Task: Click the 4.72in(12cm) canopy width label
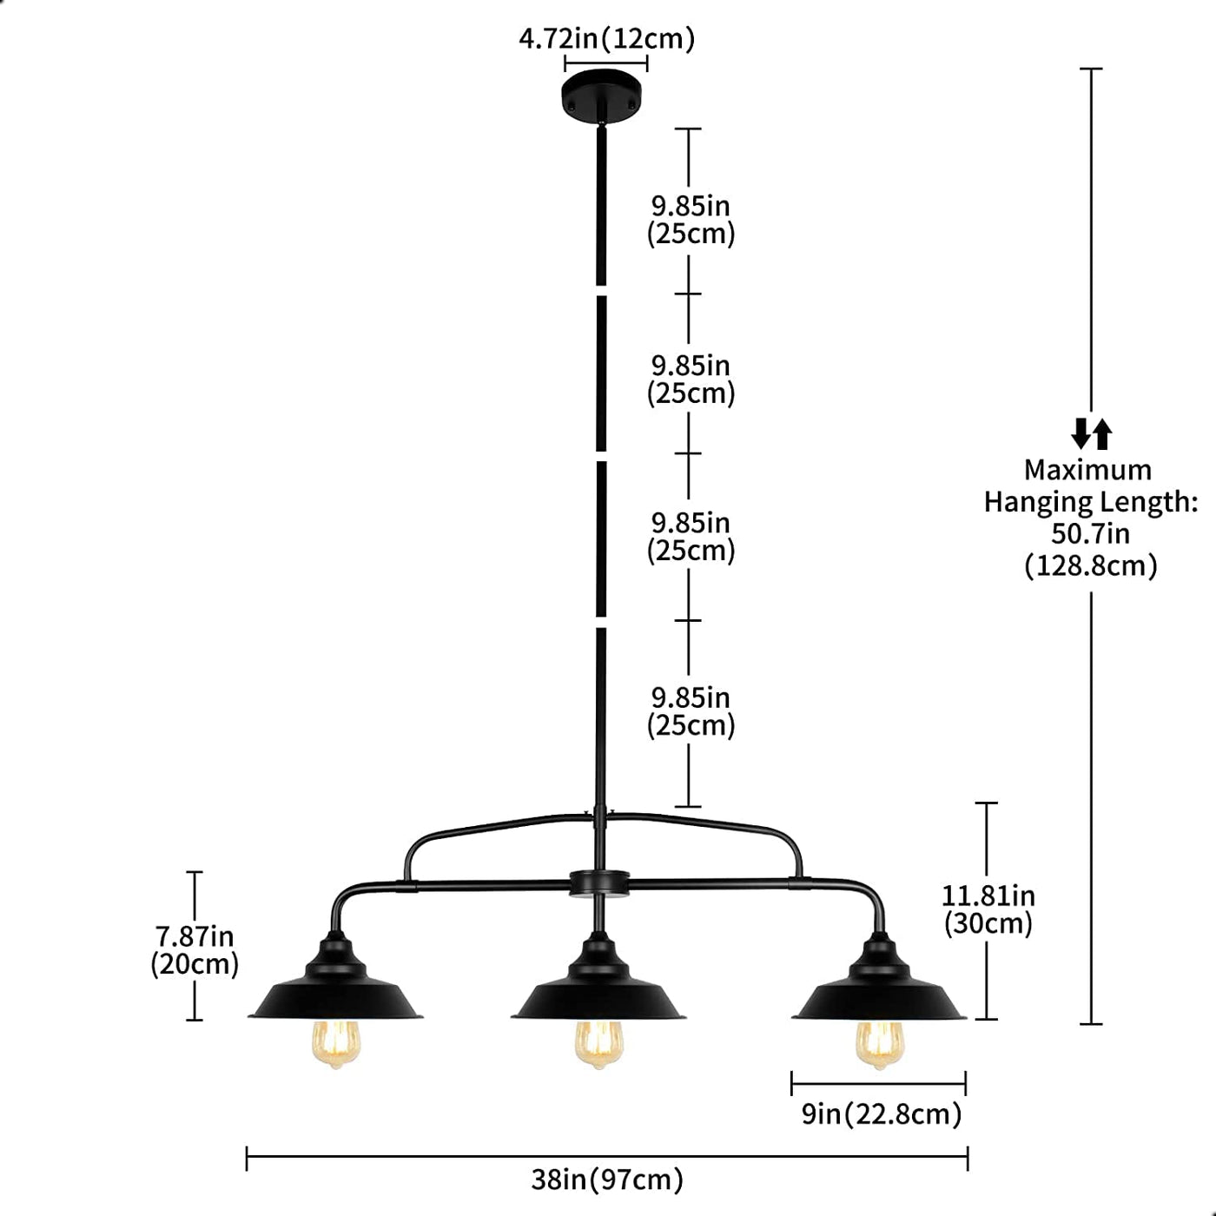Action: click(606, 39)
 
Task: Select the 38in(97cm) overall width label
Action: click(607, 1180)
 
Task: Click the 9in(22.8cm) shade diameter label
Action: click(881, 1114)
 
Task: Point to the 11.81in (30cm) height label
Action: click(988, 909)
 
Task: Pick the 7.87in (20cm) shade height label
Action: click(195, 950)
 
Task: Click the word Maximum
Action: click(1087, 470)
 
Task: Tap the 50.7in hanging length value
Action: click(1091, 533)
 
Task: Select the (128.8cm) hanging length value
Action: click(1091, 566)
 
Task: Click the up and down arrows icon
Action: click(1092, 433)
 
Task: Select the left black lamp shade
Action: click(335, 990)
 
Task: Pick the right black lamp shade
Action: click(879, 990)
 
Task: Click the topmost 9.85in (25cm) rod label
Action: click(691, 220)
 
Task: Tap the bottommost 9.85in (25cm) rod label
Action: click(691, 711)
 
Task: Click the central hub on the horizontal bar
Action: click(598, 883)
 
